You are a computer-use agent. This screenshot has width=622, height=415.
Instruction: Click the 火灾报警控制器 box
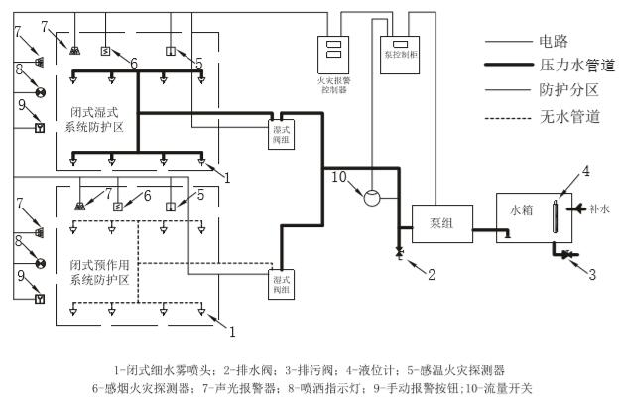pos(336,58)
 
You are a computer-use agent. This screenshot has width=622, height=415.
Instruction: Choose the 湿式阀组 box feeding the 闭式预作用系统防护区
pos(282,284)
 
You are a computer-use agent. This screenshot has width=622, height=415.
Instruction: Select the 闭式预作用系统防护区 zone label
pos(106,273)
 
